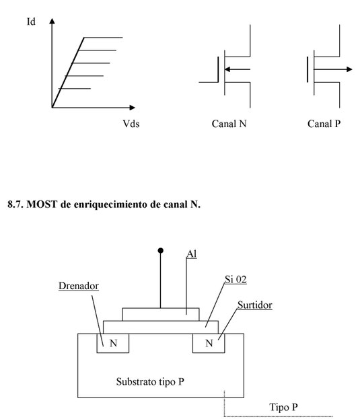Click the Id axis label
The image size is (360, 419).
pos(31,22)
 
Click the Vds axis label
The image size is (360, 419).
pos(131,124)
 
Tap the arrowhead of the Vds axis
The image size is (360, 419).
pos(133,108)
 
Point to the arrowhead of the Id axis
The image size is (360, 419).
pos(52,21)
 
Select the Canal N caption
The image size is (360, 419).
pos(229,124)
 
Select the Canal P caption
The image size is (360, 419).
pos(324,124)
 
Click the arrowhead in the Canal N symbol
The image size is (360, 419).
pos(227,69)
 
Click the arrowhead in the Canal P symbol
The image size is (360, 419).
pos(349,69)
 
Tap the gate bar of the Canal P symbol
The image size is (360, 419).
pos(308,69)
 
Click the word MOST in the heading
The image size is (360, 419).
pos(42,204)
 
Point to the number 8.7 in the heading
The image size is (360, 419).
pos(15,204)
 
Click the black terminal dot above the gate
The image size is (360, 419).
pos(161,250)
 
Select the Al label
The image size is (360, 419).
pos(192,254)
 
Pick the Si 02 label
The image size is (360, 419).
pos(236,280)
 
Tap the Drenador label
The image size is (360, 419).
pos(79,286)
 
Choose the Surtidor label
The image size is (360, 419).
pos(255,305)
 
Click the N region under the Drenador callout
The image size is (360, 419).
pos(113,343)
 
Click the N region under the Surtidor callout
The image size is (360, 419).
pos(209,343)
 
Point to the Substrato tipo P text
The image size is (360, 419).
pos(150,381)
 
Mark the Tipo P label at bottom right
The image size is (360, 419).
pos(283,407)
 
